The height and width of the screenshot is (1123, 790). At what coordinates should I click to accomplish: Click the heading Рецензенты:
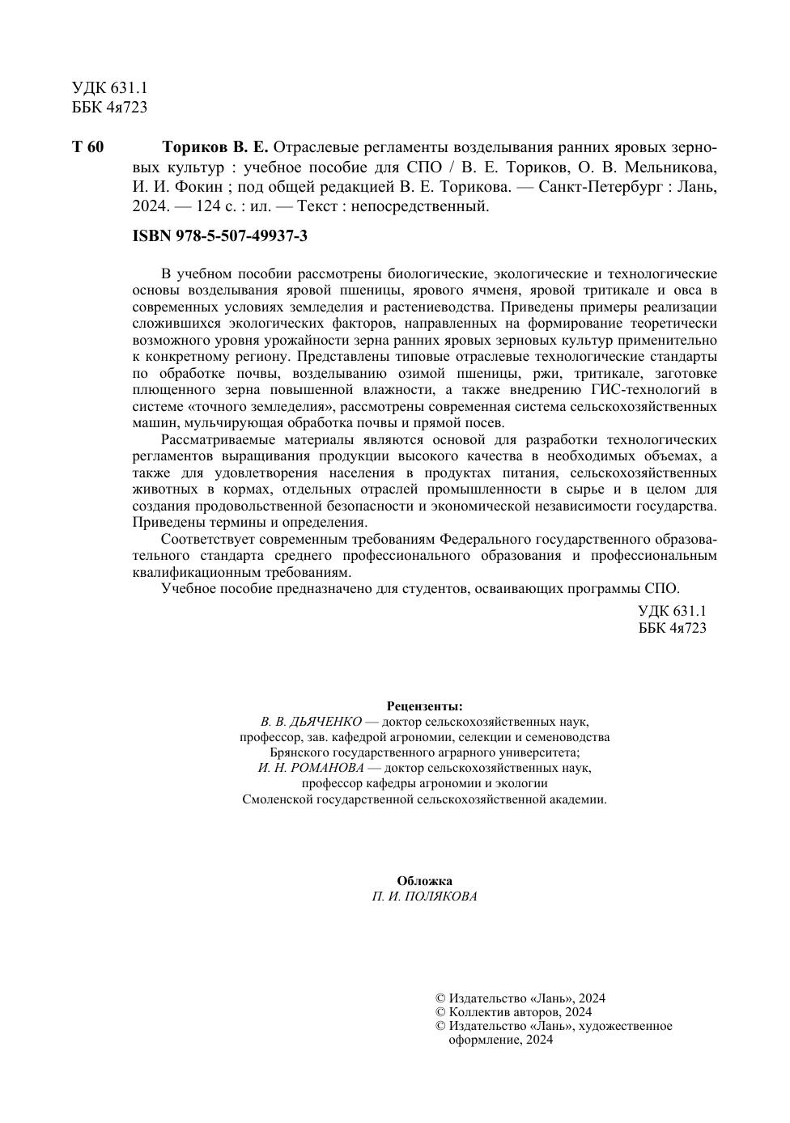[424, 706]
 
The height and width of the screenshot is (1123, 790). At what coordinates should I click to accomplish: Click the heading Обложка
[424, 880]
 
